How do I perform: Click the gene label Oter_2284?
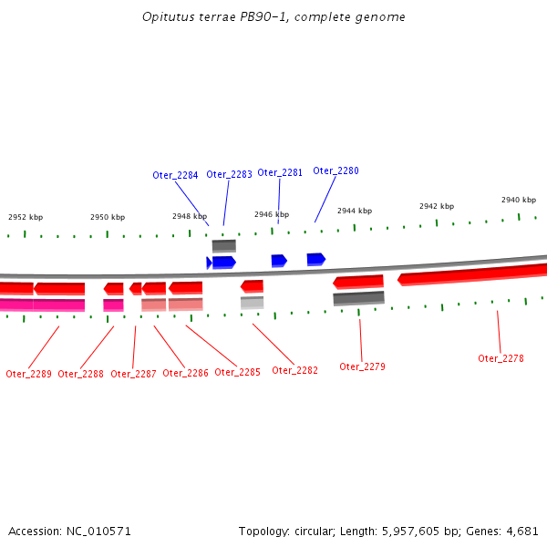point(175,175)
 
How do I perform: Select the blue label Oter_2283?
point(229,174)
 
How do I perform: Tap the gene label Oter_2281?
point(280,172)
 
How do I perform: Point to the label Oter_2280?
point(335,170)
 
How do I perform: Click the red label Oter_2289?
point(28,374)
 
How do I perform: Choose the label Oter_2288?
point(80,374)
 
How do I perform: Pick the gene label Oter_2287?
point(133,374)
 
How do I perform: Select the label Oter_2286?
point(185,373)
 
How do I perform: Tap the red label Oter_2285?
point(237,372)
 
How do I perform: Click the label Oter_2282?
point(294,370)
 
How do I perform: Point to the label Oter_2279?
point(362,366)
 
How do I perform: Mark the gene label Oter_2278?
point(501,358)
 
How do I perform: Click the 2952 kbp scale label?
point(26,218)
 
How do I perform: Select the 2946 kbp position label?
point(272,215)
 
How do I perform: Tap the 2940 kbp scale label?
point(518,200)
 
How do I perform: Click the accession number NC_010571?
point(100,531)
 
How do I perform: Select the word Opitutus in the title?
point(165,17)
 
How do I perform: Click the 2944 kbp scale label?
point(355,211)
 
